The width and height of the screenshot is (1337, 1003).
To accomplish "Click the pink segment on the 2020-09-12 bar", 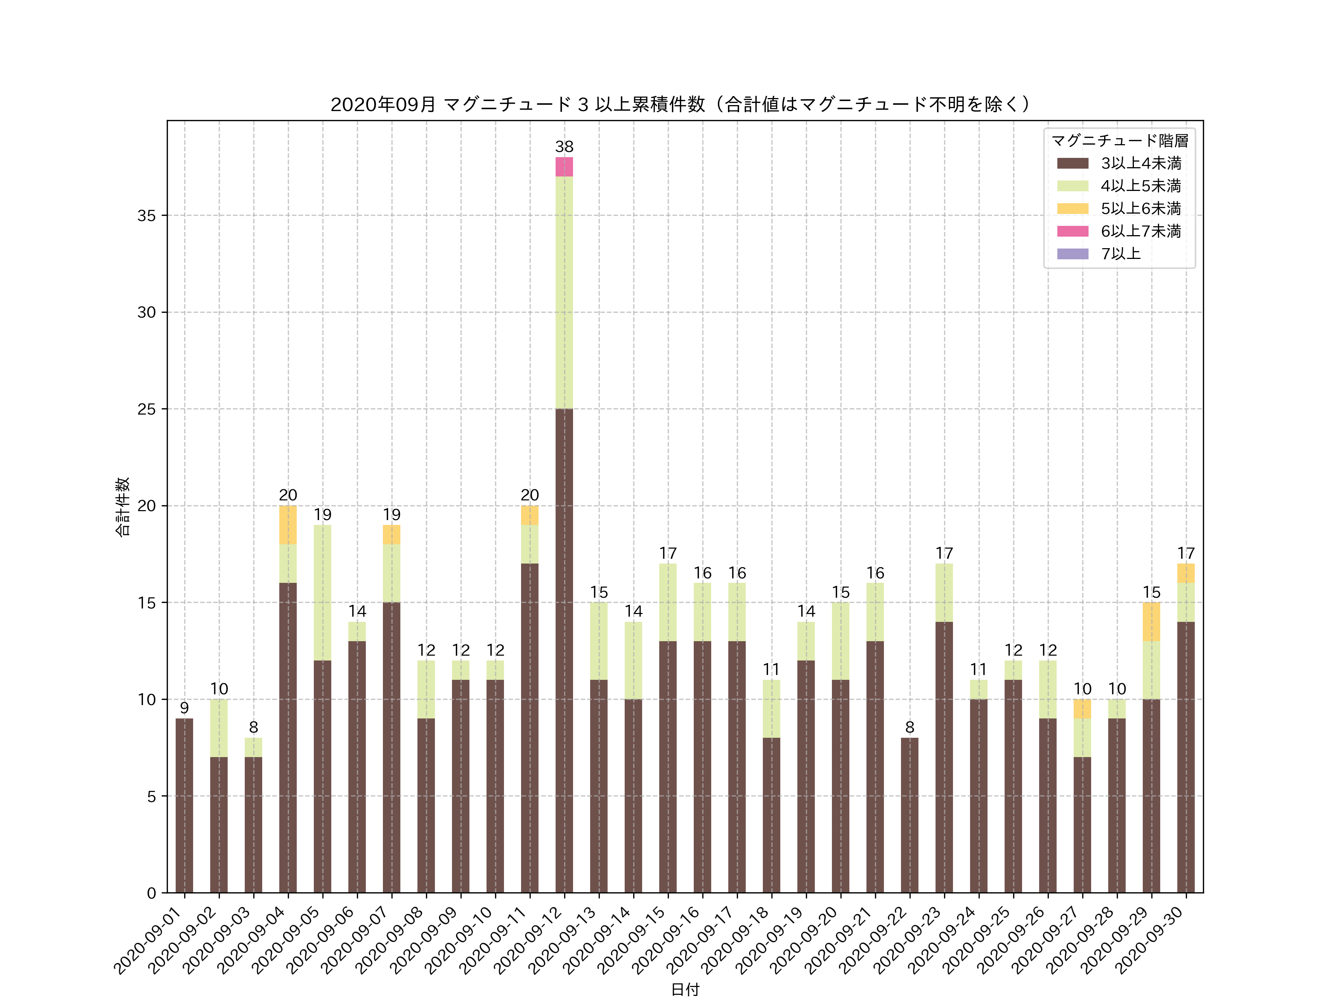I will (x=564, y=167).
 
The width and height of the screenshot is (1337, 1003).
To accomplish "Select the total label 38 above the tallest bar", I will (x=564, y=147).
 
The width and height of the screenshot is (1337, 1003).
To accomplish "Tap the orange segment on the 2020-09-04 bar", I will (x=288, y=525).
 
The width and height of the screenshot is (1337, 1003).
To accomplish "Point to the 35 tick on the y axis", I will (x=147, y=216).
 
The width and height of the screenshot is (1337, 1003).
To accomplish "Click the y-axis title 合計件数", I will (x=123, y=507).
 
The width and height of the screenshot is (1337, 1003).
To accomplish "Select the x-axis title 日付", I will (x=685, y=989).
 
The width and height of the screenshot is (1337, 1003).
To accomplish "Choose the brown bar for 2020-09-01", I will (x=184, y=805).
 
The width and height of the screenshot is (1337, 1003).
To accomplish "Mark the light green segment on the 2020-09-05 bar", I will (x=322, y=593).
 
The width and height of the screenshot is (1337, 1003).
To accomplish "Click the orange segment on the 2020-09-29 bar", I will (x=1151, y=621).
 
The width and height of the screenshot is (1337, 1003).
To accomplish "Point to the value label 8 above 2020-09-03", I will (x=253, y=727).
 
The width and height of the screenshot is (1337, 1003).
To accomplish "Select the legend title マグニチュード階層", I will (x=1119, y=141).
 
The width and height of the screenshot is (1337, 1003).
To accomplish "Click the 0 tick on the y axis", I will (x=151, y=893).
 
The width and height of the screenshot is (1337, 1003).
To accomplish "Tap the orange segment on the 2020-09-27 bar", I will (x=1082, y=708).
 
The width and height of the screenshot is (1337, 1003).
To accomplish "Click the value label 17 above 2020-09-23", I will (x=944, y=553).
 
